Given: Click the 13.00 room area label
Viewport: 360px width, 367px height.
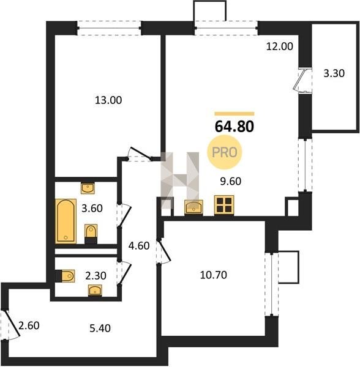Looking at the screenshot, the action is point(108,100).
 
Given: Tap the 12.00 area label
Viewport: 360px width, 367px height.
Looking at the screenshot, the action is point(280,46).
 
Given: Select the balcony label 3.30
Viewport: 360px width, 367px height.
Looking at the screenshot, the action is point(334,73).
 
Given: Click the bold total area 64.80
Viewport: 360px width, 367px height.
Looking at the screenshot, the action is point(234,127).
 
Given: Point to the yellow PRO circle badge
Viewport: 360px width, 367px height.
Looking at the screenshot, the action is point(224,152).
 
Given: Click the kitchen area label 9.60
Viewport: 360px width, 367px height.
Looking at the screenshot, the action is point(230,182).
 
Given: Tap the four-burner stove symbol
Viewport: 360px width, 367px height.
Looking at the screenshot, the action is point(224,205).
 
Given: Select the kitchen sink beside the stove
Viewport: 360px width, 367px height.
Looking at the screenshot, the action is point(193,207).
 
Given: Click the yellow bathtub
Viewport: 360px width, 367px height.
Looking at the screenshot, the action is point(66,221).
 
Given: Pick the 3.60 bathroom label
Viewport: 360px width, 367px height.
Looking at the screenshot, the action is point(92,208).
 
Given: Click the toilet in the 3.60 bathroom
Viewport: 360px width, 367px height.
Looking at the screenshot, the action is point(91,234).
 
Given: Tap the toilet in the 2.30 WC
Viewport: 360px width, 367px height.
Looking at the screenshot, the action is point(66,276).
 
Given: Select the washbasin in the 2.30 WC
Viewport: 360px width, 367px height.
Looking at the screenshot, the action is point(95,291).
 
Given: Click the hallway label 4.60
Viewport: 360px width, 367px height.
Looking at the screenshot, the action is point(139,246).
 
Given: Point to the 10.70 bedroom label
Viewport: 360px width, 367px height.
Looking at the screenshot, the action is point(214,275).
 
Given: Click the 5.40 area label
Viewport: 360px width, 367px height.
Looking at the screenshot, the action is point(100,328).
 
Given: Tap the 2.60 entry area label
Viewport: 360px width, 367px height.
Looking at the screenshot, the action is point(29,325).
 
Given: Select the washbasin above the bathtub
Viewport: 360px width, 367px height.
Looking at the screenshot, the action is point(88,188).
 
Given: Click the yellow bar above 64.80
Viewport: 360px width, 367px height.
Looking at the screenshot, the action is point(234,114).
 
